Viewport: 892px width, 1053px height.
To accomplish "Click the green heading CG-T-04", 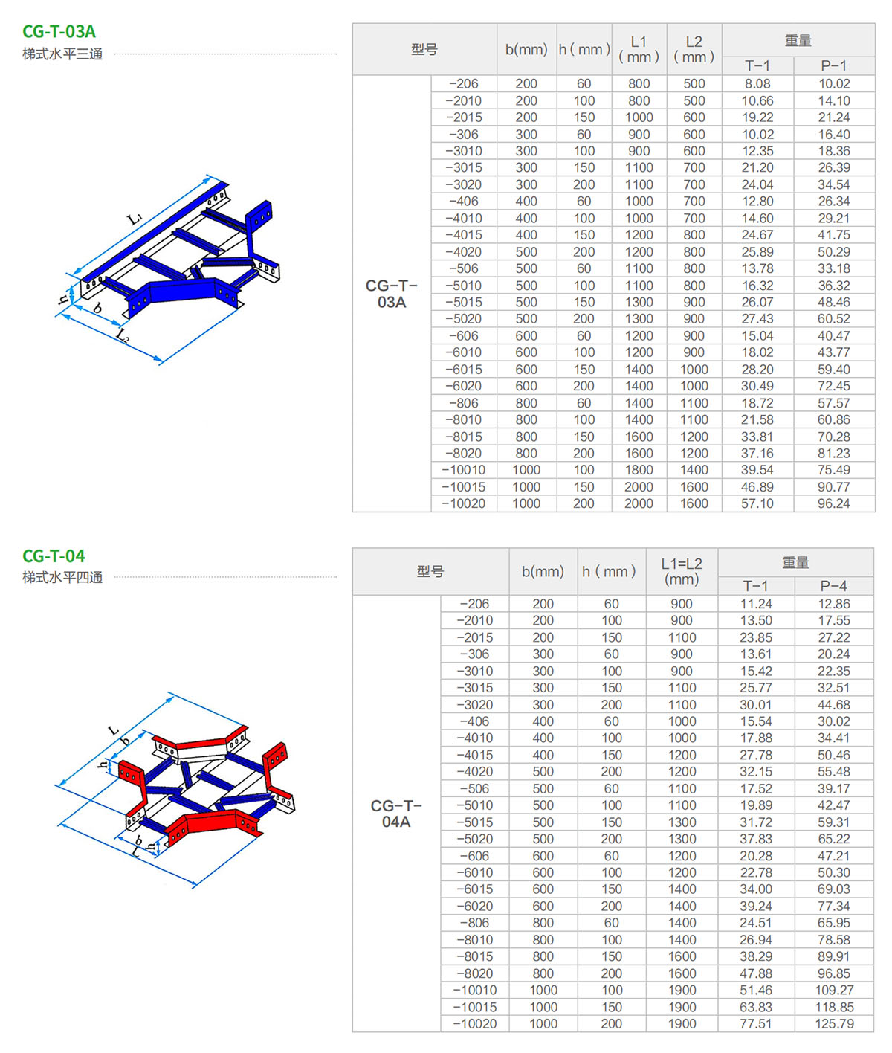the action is pos(54,556).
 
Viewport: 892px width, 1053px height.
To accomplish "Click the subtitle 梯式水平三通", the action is pos(62,54).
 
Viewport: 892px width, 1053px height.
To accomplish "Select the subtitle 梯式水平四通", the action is pos(62,577).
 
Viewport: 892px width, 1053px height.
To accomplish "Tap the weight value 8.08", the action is pos(757,83).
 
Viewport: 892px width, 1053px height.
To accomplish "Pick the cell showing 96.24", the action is pos(833,503).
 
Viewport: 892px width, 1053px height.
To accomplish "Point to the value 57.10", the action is pos(757,503).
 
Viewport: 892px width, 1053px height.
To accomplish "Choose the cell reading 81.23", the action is pos(833,453).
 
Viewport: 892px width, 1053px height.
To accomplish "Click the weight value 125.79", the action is pos(834,1023).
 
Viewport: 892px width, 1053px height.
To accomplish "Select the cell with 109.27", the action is pos(834,990).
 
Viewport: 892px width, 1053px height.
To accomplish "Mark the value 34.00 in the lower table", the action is pos(756,889).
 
